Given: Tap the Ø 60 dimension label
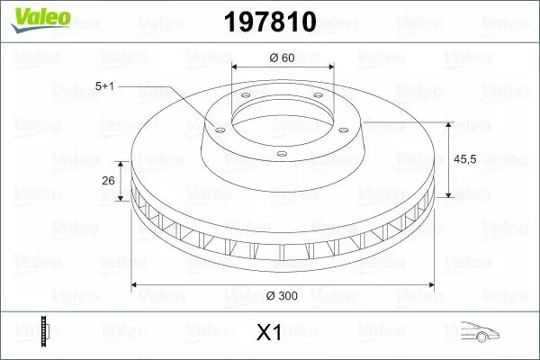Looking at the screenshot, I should pyautogui.click(x=283, y=58).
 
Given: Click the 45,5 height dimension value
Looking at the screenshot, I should pyautogui.click(x=466, y=158).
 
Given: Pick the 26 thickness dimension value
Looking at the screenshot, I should pyautogui.click(x=108, y=181).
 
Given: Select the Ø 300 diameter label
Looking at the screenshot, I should pyautogui.click(x=283, y=293).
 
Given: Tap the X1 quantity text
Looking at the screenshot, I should pyautogui.click(x=269, y=334).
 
